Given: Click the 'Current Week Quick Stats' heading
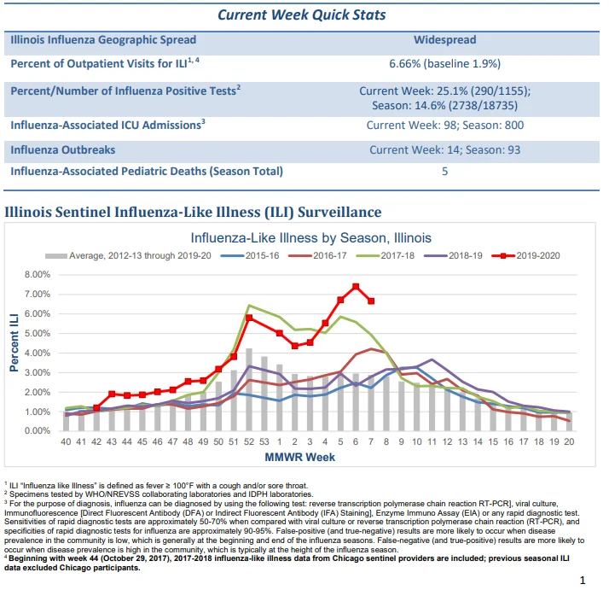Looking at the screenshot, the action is click(x=301, y=15).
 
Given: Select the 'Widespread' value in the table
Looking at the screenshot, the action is click(x=444, y=39).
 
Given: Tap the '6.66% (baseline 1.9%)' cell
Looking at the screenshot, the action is click(x=444, y=63).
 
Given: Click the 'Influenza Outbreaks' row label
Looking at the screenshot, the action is click(x=63, y=149).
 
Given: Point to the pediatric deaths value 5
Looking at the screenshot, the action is click(x=444, y=171).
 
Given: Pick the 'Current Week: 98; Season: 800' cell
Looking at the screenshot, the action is click(x=444, y=125).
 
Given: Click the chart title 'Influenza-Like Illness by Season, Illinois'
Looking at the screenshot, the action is click(x=310, y=237).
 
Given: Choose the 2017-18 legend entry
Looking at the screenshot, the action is click(x=386, y=255).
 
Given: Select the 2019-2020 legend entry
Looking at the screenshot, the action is click(x=526, y=255).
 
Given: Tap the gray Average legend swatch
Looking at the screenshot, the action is click(x=56, y=256).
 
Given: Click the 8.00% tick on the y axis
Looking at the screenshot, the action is click(x=38, y=275).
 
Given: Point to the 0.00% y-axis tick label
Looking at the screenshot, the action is click(x=38, y=431).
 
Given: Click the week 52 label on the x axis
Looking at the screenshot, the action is click(x=249, y=441).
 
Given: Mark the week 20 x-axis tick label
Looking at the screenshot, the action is click(x=569, y=441).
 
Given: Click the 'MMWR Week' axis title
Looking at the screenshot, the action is click(x=300, y=457).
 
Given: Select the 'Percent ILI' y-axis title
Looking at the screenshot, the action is click(x=14, y=342).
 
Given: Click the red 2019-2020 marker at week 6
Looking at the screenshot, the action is click(x=356, y=287).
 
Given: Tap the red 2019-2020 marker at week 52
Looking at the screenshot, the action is click(x=249, y=318).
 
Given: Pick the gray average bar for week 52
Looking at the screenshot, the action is click(x=249, y=389).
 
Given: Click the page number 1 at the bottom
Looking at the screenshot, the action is click(x=583, y=581).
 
